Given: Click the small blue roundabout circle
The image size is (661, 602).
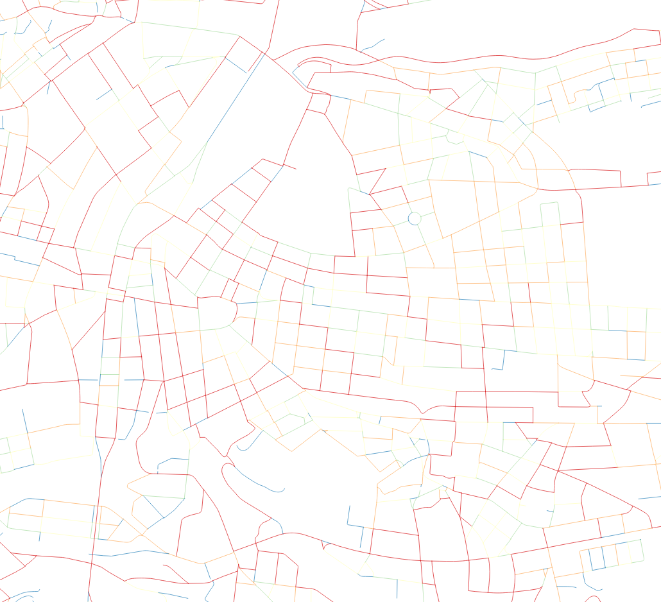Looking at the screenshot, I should click(414, 218).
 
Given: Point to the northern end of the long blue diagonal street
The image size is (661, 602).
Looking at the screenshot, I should click(264, 53).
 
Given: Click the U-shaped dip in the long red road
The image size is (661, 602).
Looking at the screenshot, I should click(422, 413).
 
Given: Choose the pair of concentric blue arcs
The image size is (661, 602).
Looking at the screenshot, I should click(19, 596).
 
